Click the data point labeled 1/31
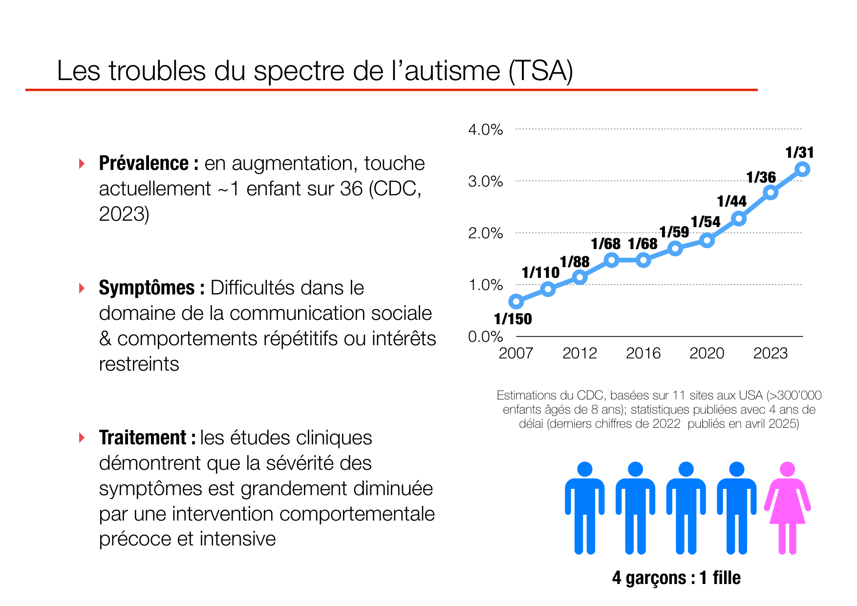(802, 169)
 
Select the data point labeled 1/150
(516, 301)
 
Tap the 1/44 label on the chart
(731, 201)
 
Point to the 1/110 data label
(540, 272)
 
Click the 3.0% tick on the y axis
(485, 181)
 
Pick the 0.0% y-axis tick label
(485, 336)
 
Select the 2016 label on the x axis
(643, 353)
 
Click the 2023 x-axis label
(770, 353)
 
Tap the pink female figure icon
(787, 510)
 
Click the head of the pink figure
(787, 469)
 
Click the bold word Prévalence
(144, 163)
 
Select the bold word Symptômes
(147, 288)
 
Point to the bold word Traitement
(143, 438)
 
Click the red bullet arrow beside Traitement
(82, 438)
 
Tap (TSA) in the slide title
(540, 71)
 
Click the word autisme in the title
(452, 71)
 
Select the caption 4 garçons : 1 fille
(676, 578)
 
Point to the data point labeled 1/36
(771, 192)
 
